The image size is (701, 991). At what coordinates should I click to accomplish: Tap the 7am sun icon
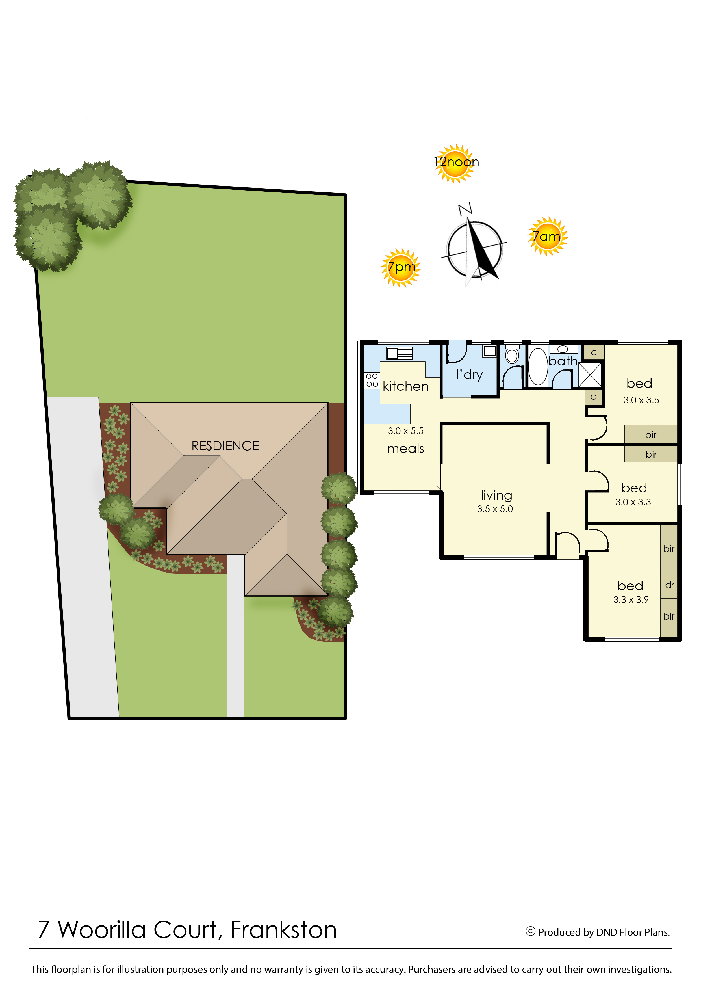[x=547, y=236]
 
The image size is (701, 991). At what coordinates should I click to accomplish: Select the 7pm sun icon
[x=401, y=268]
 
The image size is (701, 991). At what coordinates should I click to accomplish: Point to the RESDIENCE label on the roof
[x=225, y=446]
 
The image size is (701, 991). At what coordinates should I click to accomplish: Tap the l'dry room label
[x=469, y=374]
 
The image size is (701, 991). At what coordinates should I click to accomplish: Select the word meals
[x=405, y=449]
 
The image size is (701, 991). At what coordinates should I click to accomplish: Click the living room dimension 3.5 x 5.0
[x=495, y=509]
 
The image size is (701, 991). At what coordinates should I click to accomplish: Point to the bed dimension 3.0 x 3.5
[x=641, y=400]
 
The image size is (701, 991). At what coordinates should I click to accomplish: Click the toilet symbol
[x=512, y=354]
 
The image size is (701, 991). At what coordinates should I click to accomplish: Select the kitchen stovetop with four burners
[x=372, y=380]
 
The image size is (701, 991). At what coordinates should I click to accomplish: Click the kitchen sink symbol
[x=399, y=353]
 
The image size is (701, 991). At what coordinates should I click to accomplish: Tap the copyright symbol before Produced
[x=531, y=931]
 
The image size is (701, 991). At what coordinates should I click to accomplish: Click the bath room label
[x=563, y=361]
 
